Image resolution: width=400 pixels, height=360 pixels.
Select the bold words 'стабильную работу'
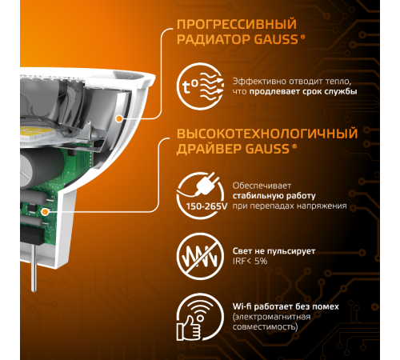click(x=274, y=195)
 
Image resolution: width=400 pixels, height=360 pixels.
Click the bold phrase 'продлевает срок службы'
click(x=307, y=91)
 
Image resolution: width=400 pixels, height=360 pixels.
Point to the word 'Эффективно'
click(x=256, y=81)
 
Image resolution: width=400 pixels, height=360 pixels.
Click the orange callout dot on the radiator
click(x=119, y=118)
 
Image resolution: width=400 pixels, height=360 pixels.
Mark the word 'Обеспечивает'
click(x=262, y=185)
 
